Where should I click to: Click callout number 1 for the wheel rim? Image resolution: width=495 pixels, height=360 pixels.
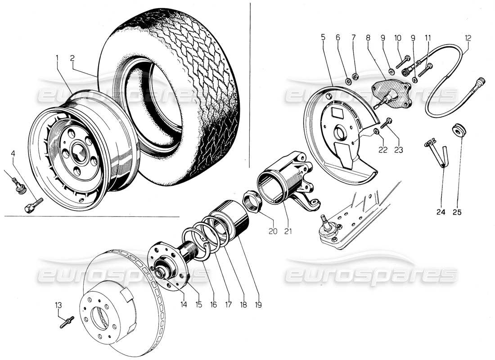pos(57,58)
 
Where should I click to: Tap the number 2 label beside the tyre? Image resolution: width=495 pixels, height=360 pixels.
pos(72,58)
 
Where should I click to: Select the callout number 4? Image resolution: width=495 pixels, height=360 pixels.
pos(13,154)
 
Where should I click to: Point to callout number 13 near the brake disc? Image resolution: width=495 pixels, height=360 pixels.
pos(58,306)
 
